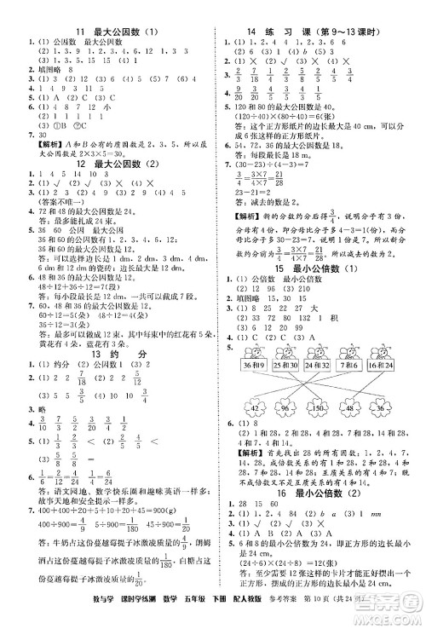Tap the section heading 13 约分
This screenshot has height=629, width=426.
pyautogui.click(x=108, y=354)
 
